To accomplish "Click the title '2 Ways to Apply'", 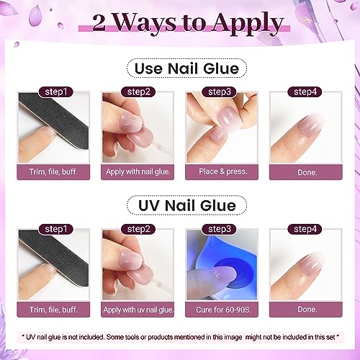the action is (188, 23).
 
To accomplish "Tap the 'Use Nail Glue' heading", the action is (186, 68).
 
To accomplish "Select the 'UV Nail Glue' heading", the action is (186, 205).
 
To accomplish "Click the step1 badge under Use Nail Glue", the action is (55, 91).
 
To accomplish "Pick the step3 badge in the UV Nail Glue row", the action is (220, 229).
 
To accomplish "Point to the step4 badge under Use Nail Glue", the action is (305, 91).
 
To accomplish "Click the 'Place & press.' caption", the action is (222, 171).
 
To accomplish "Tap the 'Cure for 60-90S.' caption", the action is (223, 310).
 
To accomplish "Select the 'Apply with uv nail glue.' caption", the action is (138, 310).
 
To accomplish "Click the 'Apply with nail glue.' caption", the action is (138, 171).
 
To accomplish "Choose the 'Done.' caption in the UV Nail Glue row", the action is (307, 309).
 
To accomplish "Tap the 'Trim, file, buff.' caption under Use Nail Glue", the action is (53, 172).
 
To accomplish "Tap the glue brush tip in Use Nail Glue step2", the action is (147, 145).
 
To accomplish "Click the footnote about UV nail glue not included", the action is (180, 337).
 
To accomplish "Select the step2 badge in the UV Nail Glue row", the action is (138, 229).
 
